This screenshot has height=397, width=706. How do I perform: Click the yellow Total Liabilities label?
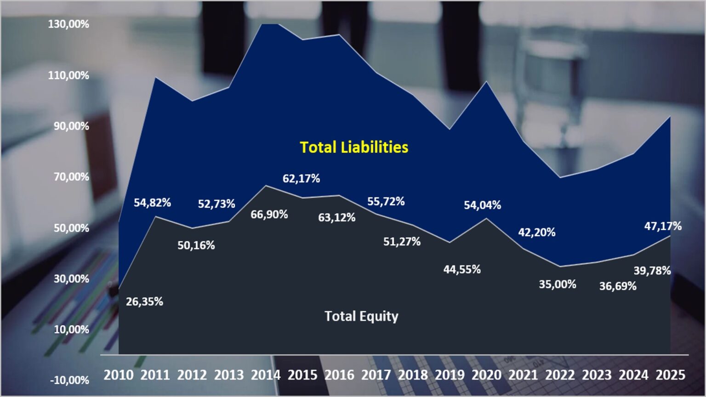pyautogui.click(x=354, y=147)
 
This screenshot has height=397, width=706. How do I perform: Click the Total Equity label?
pyautogui.click(x=362, y=316)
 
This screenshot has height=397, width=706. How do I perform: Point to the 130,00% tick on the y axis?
pyautogui.click(x=68, y=24)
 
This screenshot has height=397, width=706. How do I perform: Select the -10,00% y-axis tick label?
pyautogui.click(x=70, y=380)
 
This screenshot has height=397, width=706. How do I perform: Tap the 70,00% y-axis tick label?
pyautogui.click(x=71, y=177)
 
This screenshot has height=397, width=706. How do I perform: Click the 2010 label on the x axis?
pyautogui.click(x=119, y=375)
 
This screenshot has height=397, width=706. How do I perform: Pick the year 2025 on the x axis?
pyautogui.click(x=671, y=375)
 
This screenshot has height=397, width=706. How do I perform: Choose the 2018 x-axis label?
pyautogui.click(x=413, y=375)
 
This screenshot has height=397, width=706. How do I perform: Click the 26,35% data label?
pyautogui.click(x=145, y=302)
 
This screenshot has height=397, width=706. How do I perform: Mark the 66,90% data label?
pyautogui.click(x=269, y=215)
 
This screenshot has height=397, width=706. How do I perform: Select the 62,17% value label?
pyautogui.click(x=302, y=179)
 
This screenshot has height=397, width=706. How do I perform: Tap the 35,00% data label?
pyautogui.click(x=558, y=284)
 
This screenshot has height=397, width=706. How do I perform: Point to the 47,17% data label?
pyautogui.click(x=663, y=226)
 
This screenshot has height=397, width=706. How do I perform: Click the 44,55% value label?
pyautogui.click(x=462, y=269)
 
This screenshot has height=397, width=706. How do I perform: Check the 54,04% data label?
pyautogui.click(x=483, y=205)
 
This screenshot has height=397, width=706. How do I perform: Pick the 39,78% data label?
pyautogui.click(x=652, y=271)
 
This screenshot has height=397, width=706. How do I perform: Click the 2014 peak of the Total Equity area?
pyautogui.click(x=266, y=185)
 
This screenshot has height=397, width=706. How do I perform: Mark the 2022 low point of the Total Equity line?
pyautogui.click(x=560, y=267)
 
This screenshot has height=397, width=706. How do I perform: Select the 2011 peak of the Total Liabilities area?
pyautogui.click(x=155, y=77)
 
